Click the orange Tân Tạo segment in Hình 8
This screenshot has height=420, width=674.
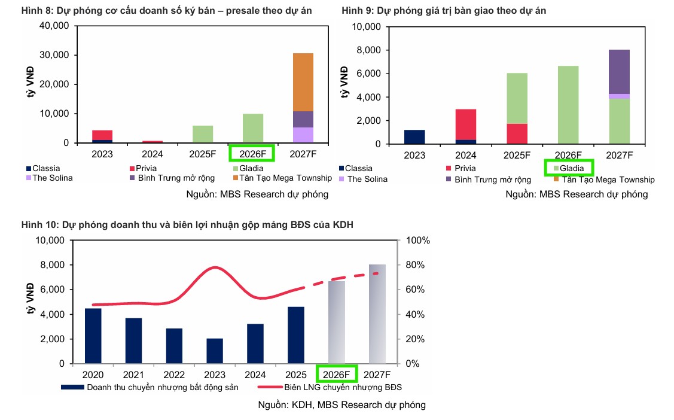pos(303,82)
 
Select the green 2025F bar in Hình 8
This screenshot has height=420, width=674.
pos(203,134)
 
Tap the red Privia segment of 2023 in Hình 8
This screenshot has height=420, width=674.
pos(102,135)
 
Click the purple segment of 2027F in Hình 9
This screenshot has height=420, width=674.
pos(619,72)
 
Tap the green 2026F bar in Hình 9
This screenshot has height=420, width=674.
pos(569,105)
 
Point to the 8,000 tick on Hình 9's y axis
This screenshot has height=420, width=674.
pos(370,50)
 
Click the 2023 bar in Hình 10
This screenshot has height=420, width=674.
pos(215,351)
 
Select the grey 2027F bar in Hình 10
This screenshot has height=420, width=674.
pos(377,314)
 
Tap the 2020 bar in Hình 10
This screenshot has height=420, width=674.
pos(93,336)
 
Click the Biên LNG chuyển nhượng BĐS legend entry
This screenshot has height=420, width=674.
pos(334,387)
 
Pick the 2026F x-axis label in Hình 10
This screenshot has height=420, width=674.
pos(336,375)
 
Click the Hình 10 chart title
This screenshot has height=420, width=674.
pos(191,224)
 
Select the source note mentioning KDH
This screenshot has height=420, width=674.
pos(341,404)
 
